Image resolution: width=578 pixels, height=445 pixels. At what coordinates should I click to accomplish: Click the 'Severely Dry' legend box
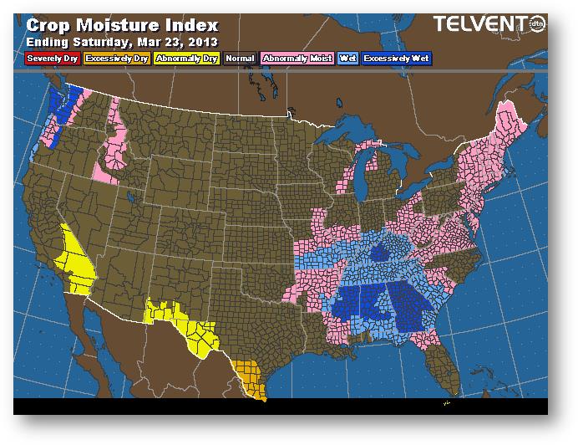(52, 59)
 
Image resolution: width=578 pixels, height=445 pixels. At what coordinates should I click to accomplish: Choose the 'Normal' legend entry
(241, 59)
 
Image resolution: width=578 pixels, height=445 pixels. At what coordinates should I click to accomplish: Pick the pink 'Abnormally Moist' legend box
(297, 59)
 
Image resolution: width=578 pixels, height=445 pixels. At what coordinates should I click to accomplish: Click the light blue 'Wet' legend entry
(347, 59)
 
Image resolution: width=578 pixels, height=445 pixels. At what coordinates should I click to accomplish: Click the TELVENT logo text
(479, 24)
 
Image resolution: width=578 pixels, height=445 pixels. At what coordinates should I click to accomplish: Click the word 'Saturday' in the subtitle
(101, 42)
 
